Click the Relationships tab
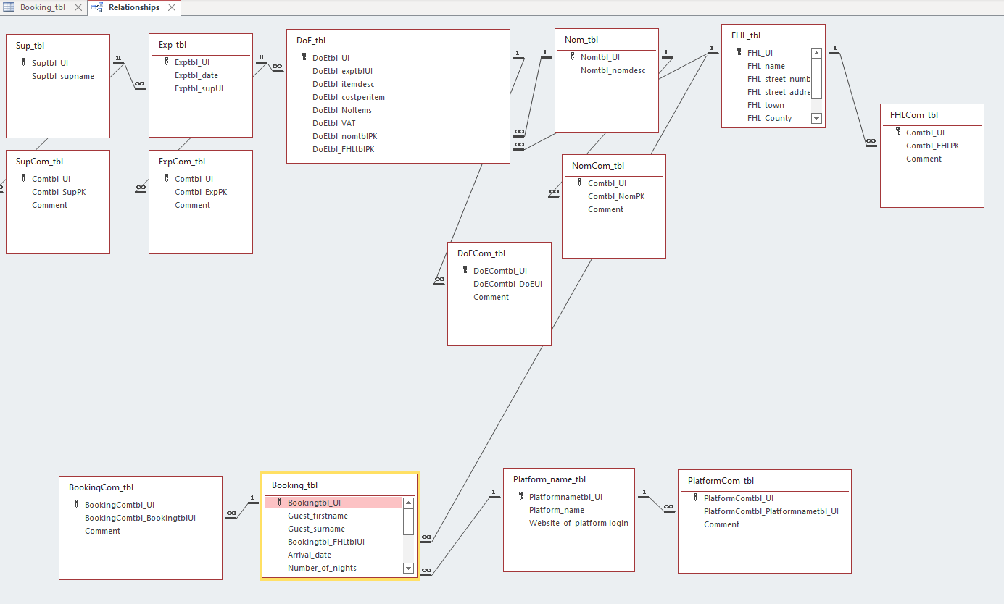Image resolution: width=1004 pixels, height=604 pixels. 133,7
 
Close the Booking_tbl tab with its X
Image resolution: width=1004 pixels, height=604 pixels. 78,7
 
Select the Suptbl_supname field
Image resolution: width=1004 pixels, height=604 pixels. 63,76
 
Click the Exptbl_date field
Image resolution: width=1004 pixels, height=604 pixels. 196,75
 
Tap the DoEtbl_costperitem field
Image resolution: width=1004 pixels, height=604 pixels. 349,97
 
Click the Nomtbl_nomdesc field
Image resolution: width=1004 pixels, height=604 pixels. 613,70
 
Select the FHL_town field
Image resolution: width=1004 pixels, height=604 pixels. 766,105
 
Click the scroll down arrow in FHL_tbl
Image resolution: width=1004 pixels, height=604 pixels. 816,118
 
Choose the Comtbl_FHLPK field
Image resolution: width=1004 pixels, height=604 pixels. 932,146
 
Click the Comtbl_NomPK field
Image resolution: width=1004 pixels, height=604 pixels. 616,196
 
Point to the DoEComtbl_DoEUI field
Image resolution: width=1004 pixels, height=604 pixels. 507,284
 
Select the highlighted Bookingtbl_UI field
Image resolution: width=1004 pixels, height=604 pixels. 314,503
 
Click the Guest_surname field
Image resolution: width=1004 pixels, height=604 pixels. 316,529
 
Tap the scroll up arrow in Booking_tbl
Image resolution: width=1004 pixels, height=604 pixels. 408,503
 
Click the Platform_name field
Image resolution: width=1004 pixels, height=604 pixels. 557,510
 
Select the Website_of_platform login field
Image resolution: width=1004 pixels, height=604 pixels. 578,523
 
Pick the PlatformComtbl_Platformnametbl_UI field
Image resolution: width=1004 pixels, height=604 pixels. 771,511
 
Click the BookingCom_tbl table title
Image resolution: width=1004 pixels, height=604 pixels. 101,487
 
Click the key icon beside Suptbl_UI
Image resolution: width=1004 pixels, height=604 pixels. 24,62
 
